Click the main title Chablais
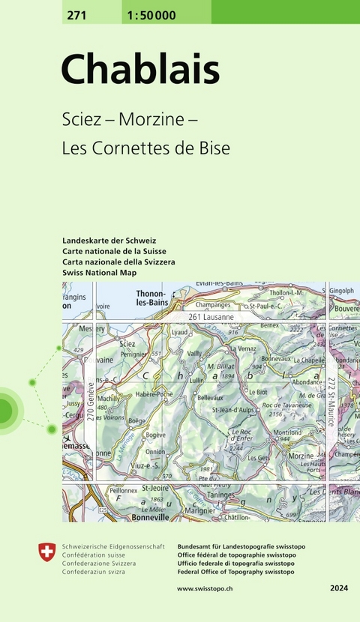tap(140, 70)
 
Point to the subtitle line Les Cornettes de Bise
tap(145, 148)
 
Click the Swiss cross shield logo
tap(46, 553)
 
